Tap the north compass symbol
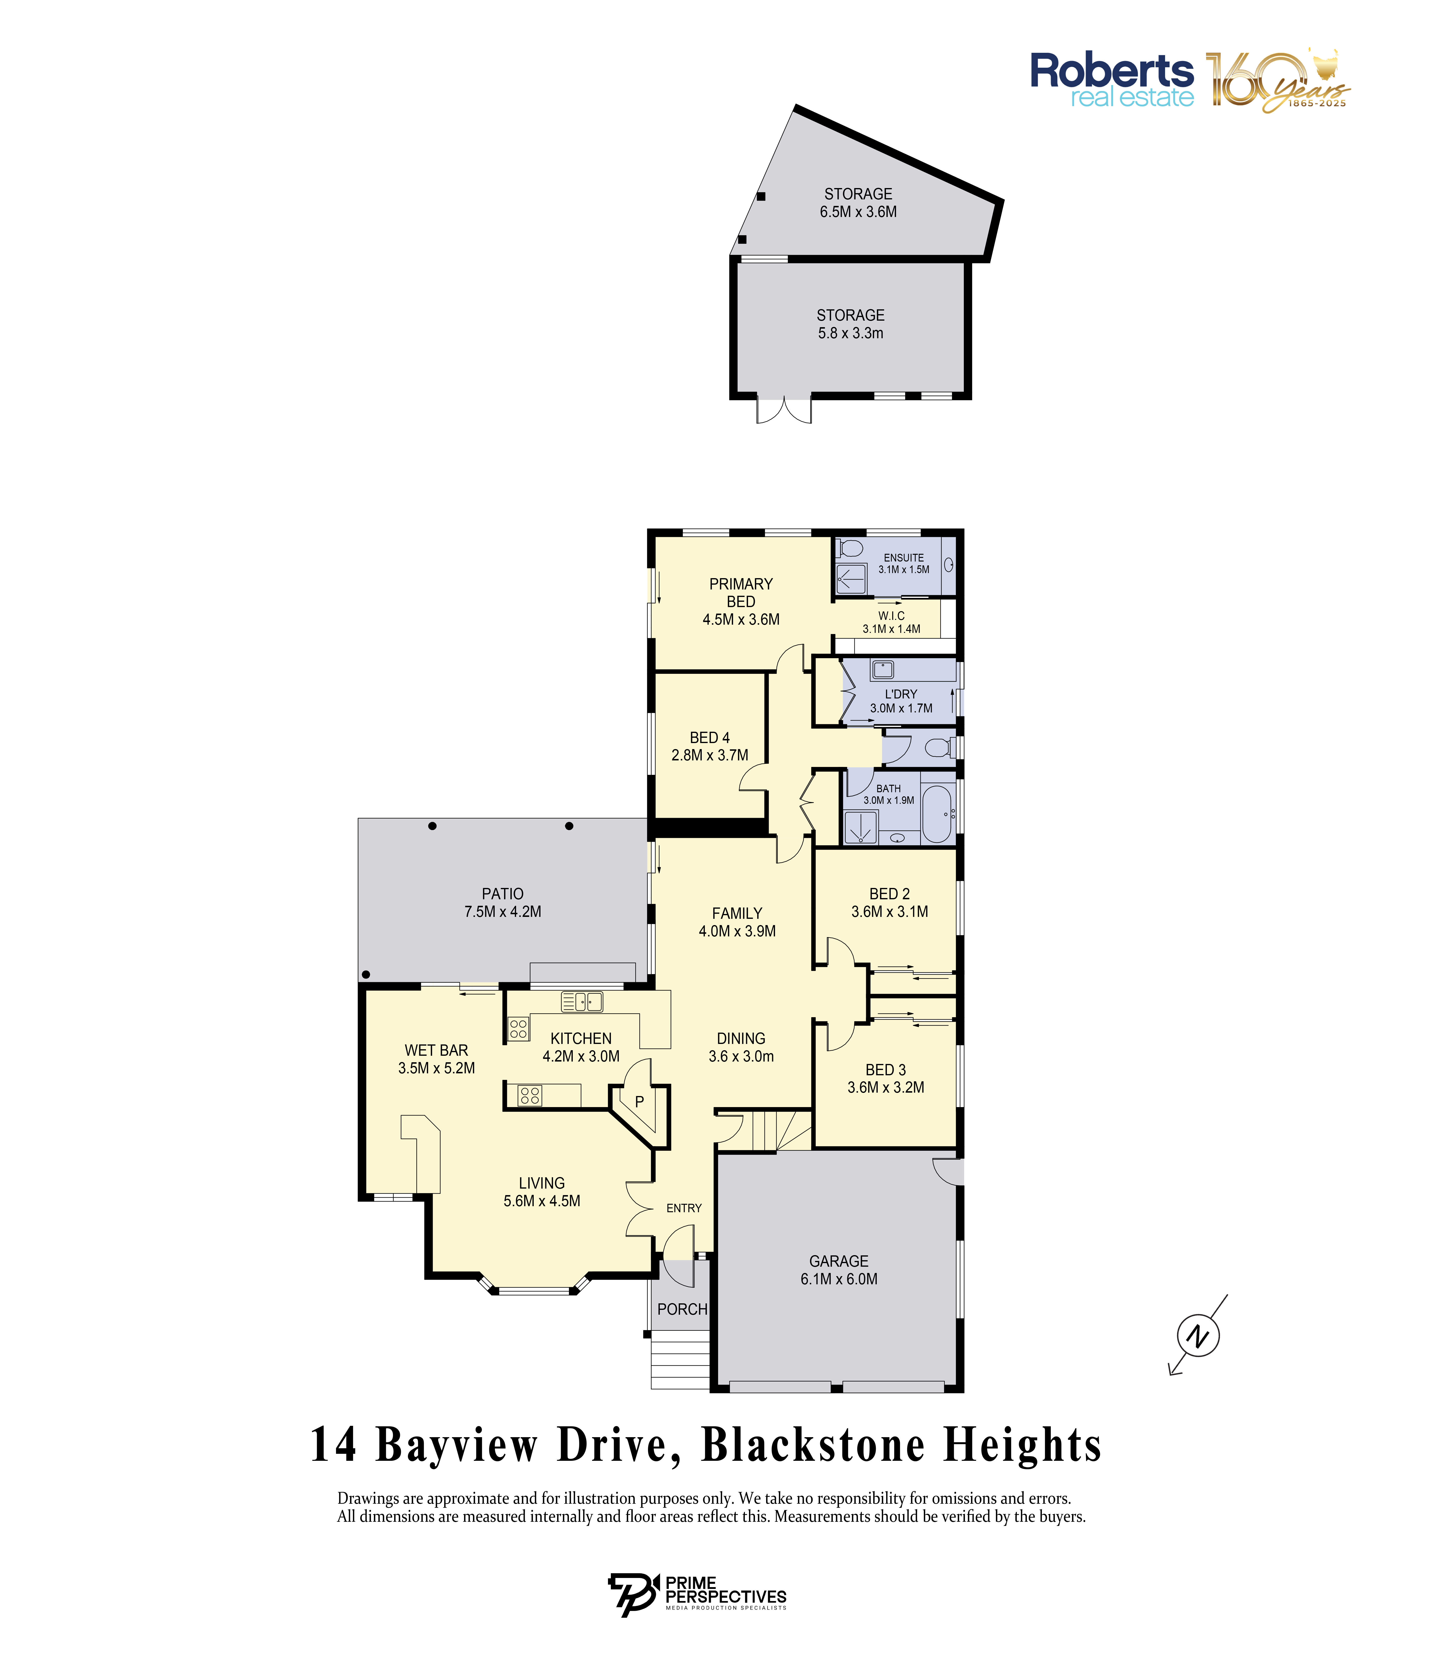pyautogui.click(x=1198, y=1335)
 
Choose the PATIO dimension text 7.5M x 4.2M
pyautogui.click(x=503, y=911)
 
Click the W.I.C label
pyautogui.click(x=891, y=615)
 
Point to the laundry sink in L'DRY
pyautogui.click(x=883, y=669)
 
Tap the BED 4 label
pyautogui.click(x=710, y=737)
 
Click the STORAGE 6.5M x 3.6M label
pyautogui.click(x=858, y=203)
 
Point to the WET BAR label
pyautogui.click(x=436, y=1050)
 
